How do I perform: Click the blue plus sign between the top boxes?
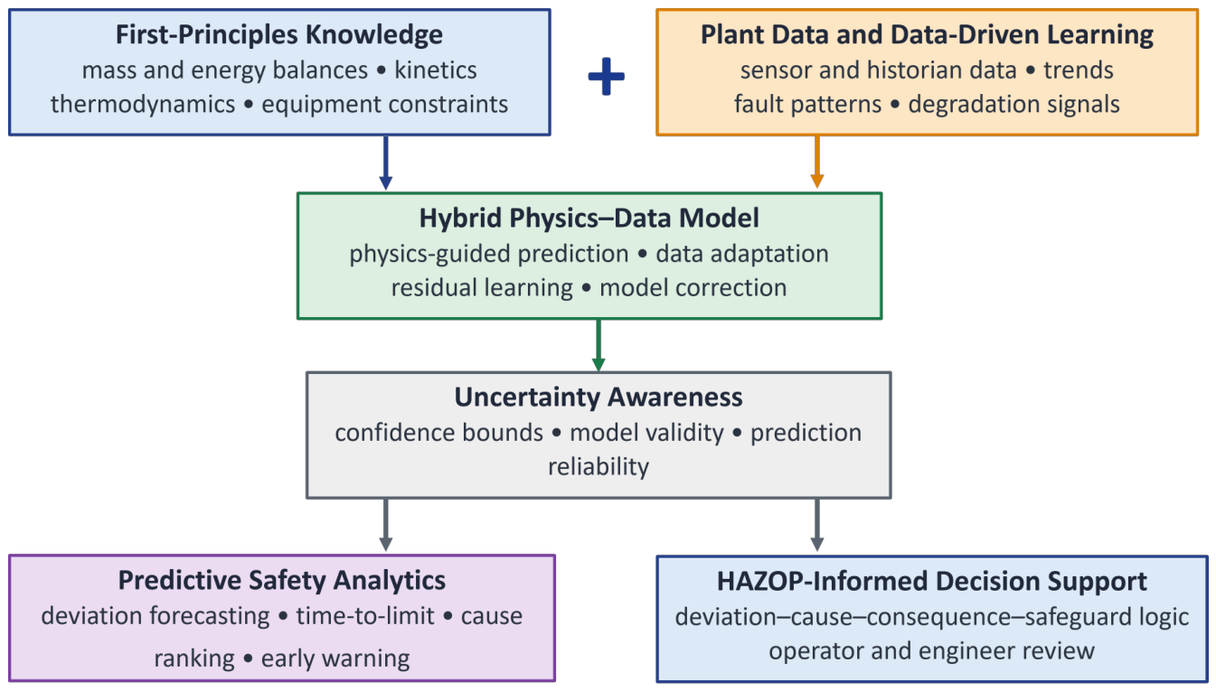(606, 77)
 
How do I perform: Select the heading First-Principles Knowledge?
(279, 34)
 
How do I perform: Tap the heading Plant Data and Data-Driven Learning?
(927, 34)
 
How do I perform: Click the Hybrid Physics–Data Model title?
(589, 218)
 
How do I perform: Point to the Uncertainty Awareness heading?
(599, 397)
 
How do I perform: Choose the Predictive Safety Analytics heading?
(282, 581)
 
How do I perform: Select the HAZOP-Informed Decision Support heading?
(931, 582)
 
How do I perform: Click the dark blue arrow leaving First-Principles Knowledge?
(385, 163)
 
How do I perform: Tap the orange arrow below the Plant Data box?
(817, 162)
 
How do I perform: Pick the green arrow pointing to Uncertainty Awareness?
(599, 345)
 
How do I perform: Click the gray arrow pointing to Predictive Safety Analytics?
(385, 525)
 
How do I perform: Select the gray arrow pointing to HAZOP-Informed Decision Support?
(817, 525)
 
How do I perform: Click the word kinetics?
(436, 70)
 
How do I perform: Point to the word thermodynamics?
(143, 105)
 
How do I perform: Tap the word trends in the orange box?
(1078, 70)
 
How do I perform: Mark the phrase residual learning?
(482, 288)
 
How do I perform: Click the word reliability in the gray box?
(599, 467)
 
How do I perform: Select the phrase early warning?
(335, 659)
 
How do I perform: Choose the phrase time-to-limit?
(365, 616)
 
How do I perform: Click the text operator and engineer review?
(931, 651)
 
